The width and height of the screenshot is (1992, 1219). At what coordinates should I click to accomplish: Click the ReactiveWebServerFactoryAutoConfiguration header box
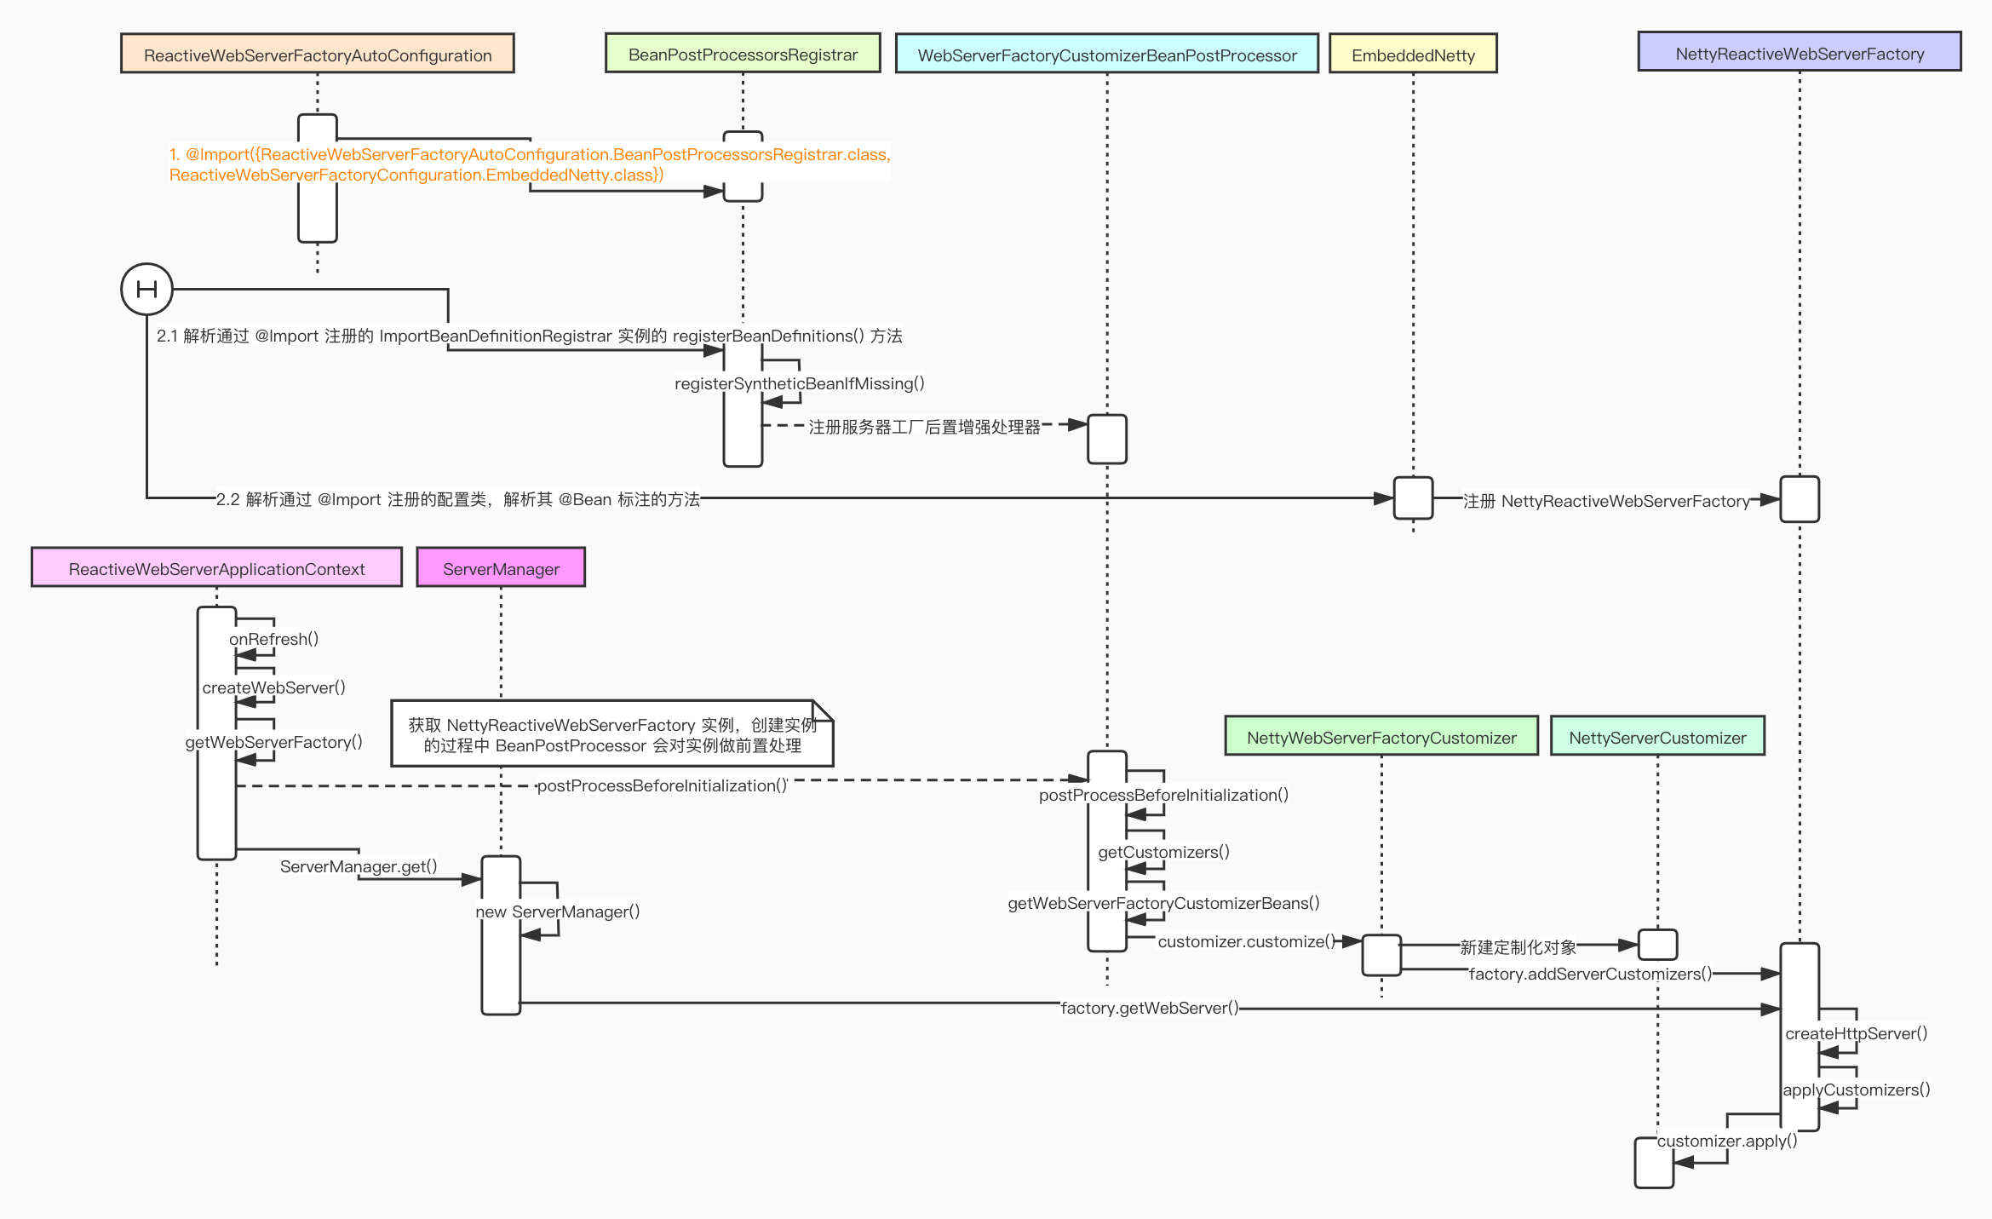317,55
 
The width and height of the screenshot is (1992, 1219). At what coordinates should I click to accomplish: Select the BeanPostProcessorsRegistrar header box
742,54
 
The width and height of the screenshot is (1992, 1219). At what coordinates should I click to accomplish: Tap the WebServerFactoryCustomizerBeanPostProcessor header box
1106,55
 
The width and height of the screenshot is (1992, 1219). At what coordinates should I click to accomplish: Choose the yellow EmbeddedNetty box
1412,55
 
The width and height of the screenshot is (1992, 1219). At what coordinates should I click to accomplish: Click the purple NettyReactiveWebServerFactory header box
1799,53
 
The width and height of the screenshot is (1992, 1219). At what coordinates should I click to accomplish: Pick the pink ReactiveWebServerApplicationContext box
216,568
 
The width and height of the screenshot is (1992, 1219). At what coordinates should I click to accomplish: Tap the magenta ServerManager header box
501,568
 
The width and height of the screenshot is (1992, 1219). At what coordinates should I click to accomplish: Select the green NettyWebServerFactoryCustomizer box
1381,737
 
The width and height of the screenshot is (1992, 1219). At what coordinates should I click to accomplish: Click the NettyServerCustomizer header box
1656,737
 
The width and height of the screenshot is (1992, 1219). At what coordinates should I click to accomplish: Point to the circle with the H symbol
146,289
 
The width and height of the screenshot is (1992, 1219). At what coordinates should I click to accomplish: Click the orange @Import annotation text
528,164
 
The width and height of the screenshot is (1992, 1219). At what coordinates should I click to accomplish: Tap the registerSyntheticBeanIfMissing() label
799,383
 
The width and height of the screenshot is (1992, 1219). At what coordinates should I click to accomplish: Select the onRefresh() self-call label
273,639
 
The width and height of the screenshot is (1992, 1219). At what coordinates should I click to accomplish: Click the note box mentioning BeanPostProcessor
611,734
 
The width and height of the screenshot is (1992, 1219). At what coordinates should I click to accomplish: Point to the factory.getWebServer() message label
1149,1008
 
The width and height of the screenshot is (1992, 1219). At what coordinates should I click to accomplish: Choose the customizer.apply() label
1726,1141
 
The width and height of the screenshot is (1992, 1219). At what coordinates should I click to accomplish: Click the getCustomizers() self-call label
1163,852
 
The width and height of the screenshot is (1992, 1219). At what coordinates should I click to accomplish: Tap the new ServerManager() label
557,911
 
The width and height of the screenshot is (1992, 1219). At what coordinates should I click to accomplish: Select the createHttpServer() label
1856,1033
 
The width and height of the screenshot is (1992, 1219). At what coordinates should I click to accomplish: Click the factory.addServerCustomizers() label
1589,974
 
